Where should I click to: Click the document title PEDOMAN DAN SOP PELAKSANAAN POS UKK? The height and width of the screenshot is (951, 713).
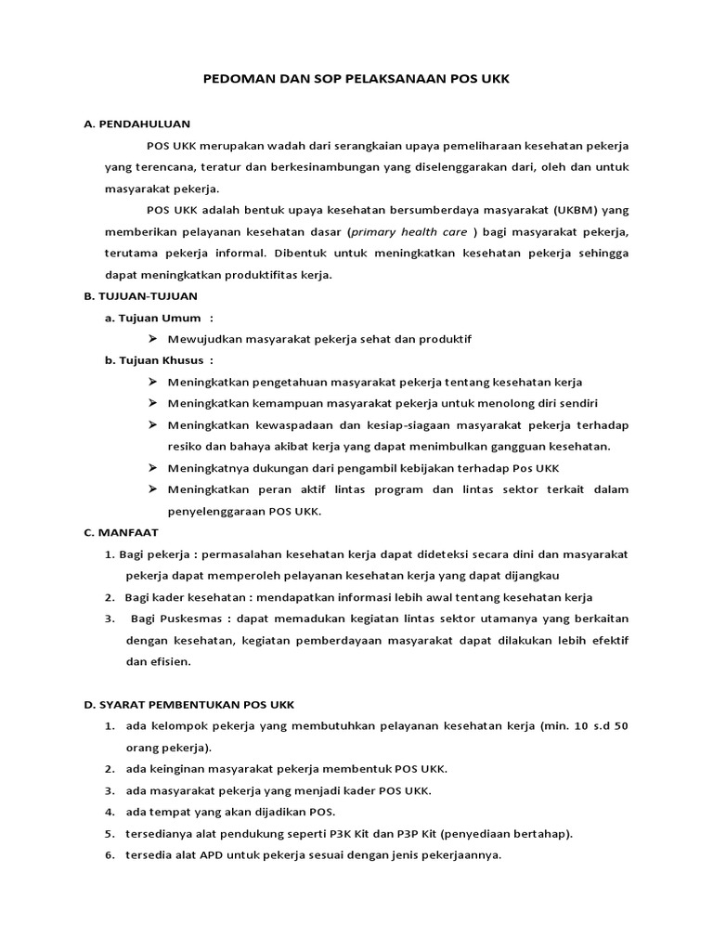click(356, 80)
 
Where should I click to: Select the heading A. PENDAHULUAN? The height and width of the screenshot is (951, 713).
click(136, 123)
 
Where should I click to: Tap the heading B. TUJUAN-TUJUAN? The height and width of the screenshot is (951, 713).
click(142, 296)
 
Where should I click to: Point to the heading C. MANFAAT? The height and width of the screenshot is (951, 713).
click(122, 532)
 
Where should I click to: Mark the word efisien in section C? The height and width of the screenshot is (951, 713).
click(164, 661)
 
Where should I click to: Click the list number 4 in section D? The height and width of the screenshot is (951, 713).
click(109, 812)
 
